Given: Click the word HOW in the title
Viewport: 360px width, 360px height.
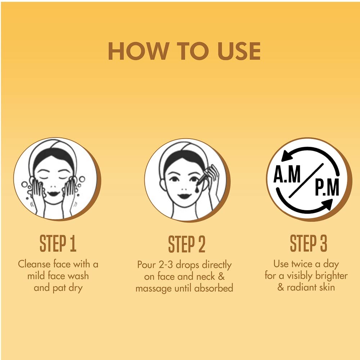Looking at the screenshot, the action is click(138, 51).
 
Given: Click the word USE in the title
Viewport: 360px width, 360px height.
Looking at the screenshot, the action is click(239, 51).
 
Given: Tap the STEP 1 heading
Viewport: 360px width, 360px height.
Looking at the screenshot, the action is click(58, 244).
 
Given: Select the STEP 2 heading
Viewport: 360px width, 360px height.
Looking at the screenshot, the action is click(186, 244).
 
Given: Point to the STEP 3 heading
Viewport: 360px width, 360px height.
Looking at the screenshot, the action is click(309, 243).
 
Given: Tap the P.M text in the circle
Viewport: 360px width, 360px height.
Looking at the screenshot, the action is click(327, 188).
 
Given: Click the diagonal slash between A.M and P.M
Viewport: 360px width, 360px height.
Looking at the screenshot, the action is click(306, 181).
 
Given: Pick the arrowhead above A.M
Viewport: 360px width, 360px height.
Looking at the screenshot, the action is click(287, 156).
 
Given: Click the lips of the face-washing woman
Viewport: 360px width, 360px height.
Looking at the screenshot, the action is click(54, 194).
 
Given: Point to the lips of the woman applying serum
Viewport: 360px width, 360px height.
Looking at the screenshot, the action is click(184, 196).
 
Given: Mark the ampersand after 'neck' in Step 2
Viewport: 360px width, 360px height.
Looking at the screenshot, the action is click(221, 276).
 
